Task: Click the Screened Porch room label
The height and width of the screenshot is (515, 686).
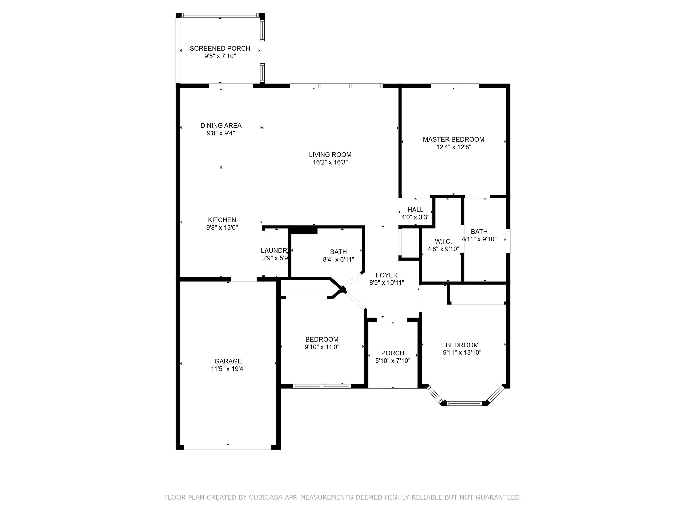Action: click(x=220, y=49)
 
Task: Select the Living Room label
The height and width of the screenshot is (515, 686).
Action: click(x=330, y=155)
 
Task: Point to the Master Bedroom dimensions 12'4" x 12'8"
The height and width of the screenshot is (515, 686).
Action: click(x=454, y=147)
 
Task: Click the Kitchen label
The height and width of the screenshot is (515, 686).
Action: click(x=222, y=220)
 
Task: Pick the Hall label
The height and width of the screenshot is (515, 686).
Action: click(x=415, y=209)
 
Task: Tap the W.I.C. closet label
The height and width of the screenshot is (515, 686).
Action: click(x=443, y=241)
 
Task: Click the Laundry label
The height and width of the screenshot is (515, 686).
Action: click(x=275, y=251)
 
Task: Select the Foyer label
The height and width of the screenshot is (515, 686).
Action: click(x=387, y=275)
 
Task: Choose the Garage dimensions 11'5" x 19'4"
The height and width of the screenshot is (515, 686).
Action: click(x=228, y=369)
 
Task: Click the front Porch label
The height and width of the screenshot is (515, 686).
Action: click(x=393, y=353)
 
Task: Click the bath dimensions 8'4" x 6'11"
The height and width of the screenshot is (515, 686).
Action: click(x=338, y=260)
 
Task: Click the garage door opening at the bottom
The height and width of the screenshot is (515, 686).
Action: click(x=228, y=449)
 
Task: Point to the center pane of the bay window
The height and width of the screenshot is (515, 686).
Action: click(x=464, y=403)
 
